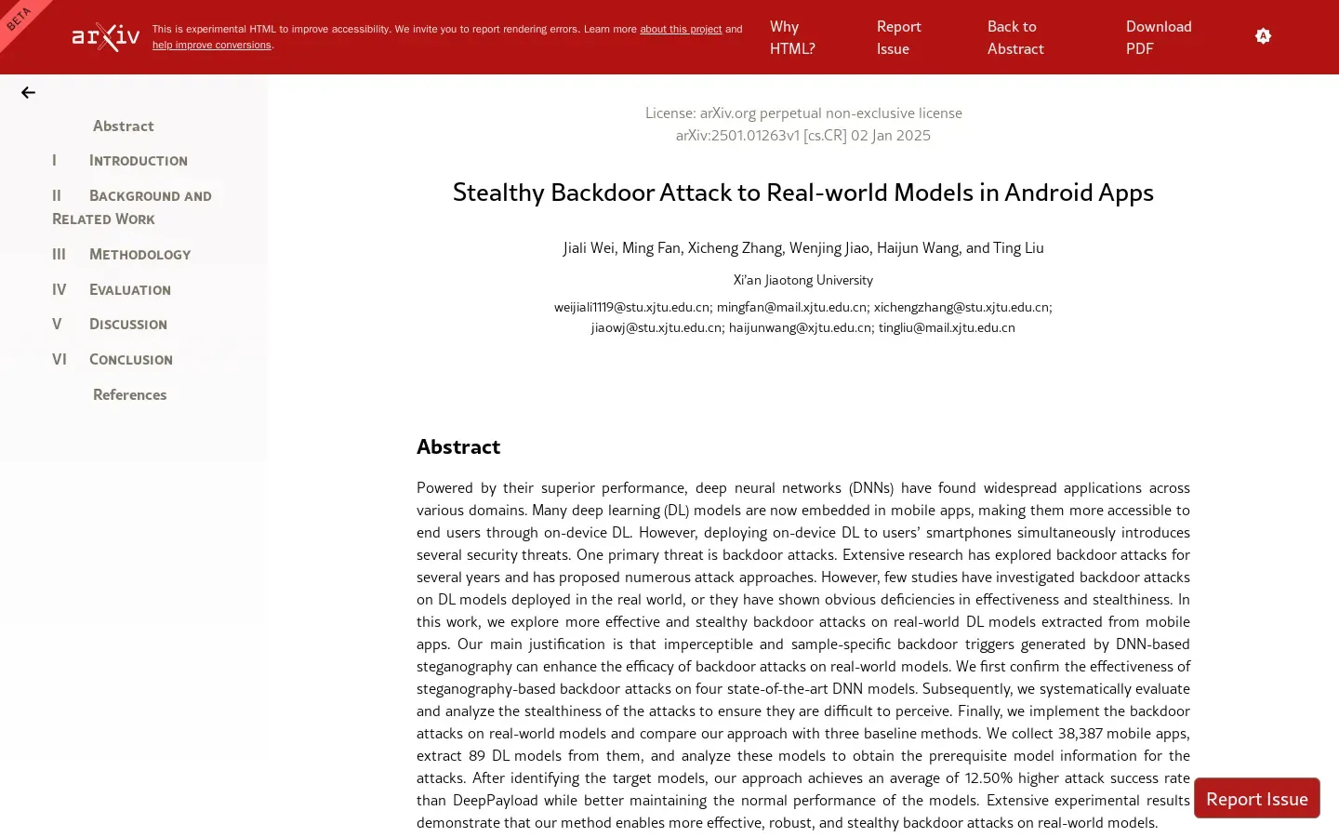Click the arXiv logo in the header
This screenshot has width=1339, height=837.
pyautogui.click(x=106, y=37)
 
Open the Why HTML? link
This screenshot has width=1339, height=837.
pyautogui.click(x=792, y=37)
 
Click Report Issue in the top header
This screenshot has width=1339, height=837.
pyautogui.click(x=898, y=37)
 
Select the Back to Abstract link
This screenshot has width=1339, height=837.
pyautogui.click(x=1015, y=37)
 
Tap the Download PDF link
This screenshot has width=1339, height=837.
pyautogui.click(x=1158, y=37)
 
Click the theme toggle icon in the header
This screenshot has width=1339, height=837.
pyautogui.click(x=1263, y=36)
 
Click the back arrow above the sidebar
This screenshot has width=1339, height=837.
pyautogui.click(x=29, y=92)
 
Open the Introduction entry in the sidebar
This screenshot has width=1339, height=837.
pyautogui.click(x=138, y=161)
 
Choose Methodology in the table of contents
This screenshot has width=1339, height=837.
pyautogui.click(x=139, y=255)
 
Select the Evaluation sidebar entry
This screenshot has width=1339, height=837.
pyautogui.click(x=129, y=290)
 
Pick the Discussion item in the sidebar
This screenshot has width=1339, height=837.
pyautogui.click(x=127, y=325)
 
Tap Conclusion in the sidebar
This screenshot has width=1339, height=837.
pyautogui.click(x=130, y=360)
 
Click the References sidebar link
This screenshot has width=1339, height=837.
pyautogui.click(x=129, y=394)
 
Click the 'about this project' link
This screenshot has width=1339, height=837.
pyautogui.click(x=680, y=29)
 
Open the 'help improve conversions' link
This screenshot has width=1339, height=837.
pyautogui.click(x=212, y=45)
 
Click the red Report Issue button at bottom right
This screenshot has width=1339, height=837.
pyautogui.click(x=1256, y=799)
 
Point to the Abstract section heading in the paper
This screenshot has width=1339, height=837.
pyautogui.click(x=458, y=447)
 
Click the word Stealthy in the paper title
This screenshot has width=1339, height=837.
pyautogui.click(x=498, y=193)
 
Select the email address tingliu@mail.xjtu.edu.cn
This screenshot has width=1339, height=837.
pyautogui.click(x=947, y=327)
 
